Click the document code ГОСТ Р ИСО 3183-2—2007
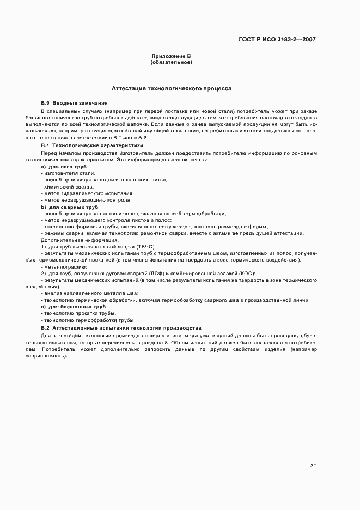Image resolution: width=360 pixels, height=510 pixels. [277, 39]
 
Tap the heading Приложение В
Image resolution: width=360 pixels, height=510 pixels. [171, 56]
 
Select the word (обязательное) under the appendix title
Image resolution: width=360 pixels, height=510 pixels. [171, 62]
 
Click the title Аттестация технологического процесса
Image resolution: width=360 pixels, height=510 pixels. [171, 88]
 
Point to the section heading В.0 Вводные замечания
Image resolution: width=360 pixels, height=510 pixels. [74, 103]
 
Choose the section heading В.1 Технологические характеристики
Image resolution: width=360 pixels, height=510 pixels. [92, 145]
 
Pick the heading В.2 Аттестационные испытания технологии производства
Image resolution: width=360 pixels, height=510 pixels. [121, 328]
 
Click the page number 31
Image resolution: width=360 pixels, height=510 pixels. [313, 466]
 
